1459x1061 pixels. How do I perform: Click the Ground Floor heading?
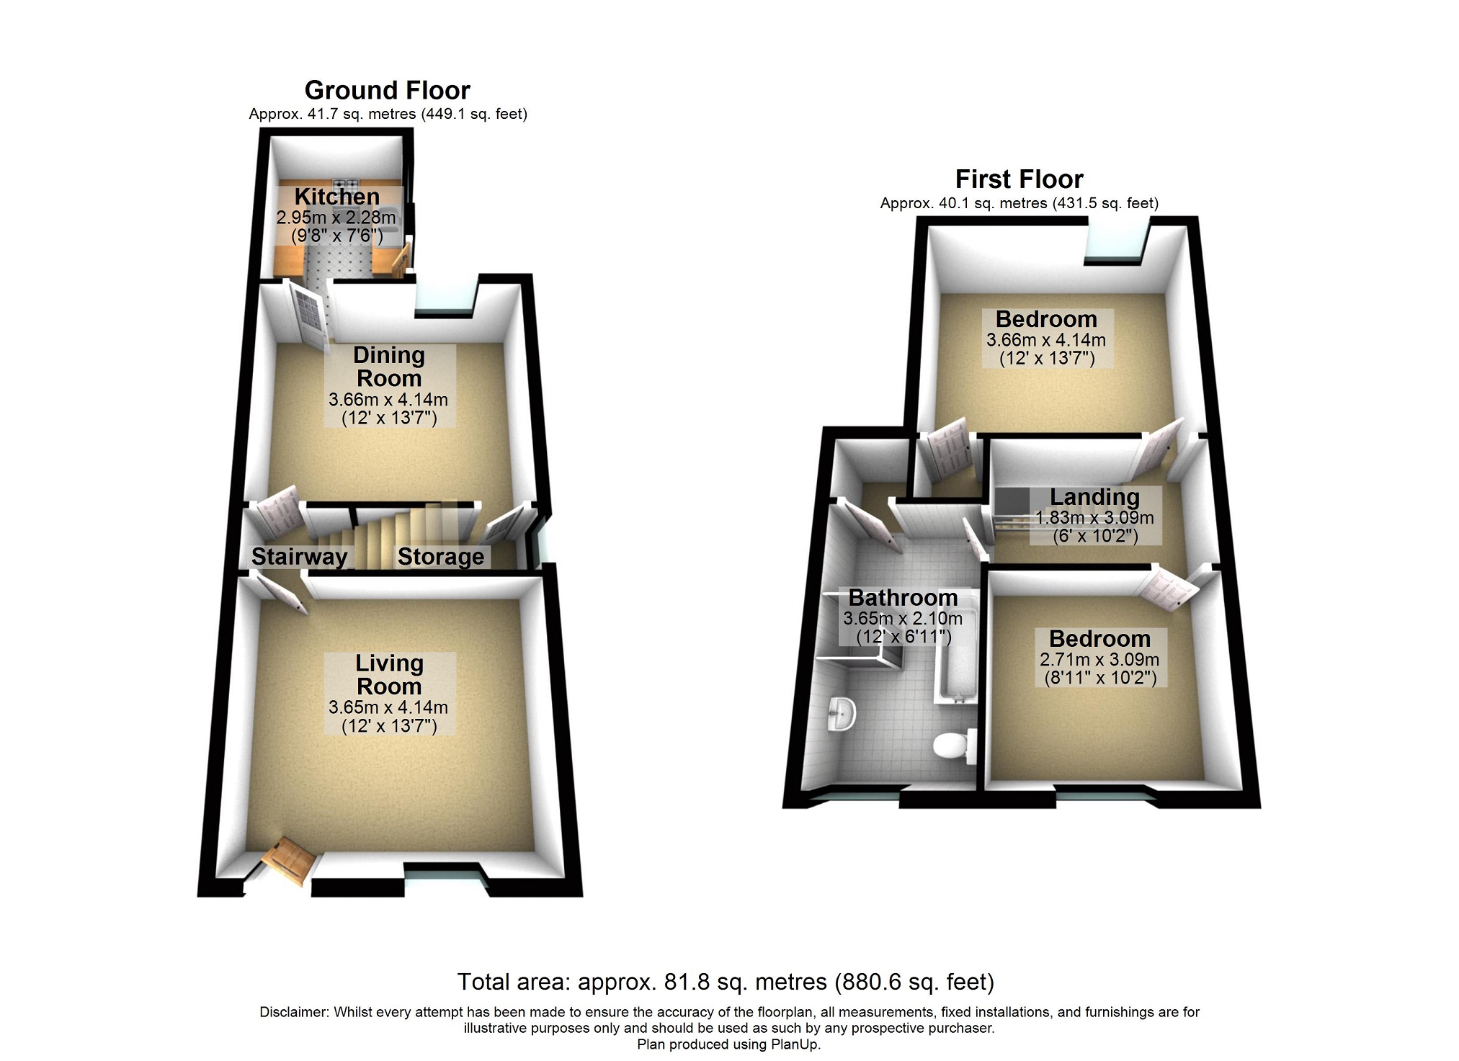(387, 90)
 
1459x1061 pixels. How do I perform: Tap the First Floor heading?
(1019, 179)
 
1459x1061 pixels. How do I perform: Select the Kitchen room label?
(336, 196)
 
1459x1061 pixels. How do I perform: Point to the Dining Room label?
(389, 367)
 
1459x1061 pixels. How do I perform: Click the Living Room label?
(389, 674)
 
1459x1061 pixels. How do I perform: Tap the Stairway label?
(299, 556)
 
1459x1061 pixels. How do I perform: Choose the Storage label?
(441, 556)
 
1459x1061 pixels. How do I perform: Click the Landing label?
(1094, 497)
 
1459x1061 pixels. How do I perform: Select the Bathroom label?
(903, 597)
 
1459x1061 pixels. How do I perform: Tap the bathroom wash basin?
(841, 713)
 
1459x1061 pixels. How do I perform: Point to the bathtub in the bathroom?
(955, 648)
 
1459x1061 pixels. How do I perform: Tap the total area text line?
(726, 982)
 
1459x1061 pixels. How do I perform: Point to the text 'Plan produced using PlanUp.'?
(728, 1044)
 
